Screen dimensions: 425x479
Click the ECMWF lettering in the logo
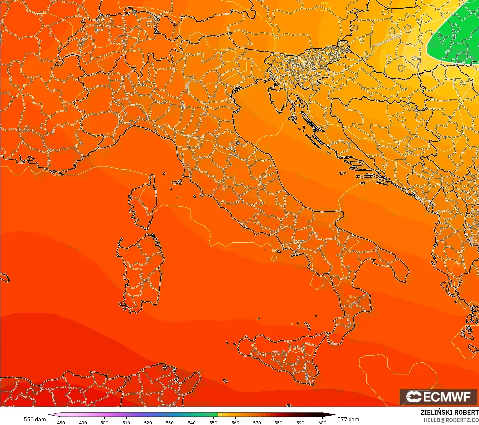447,397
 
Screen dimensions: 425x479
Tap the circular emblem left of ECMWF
413,397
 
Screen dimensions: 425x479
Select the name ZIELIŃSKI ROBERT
449,412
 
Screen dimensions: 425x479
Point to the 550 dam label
35,419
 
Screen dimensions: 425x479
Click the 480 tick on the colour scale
61,422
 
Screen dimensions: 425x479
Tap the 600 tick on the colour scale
322,422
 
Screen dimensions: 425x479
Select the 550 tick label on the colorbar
213,422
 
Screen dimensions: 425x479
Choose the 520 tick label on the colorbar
148,422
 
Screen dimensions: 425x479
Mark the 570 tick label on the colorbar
257,422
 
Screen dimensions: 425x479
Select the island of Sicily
281,355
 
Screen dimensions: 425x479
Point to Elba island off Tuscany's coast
177,182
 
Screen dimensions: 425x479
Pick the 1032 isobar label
324,3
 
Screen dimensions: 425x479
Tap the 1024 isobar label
381,140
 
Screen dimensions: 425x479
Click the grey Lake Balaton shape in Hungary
387,40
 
